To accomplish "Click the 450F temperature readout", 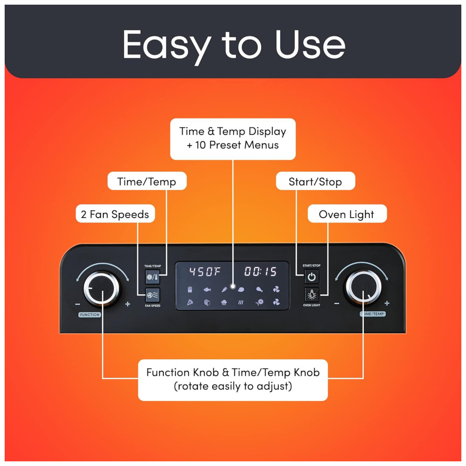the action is coord(205,271).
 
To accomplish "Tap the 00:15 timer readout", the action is coord(260,271).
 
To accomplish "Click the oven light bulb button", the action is coord(311,295).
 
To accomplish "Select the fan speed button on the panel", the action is coord(153,295).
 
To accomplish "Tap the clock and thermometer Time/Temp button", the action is coord(152,277).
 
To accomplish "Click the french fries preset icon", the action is coord(190,289).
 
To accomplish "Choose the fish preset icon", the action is coord(207,289).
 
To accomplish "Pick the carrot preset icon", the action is coord(225,289).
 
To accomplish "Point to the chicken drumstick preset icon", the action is coord(260,289).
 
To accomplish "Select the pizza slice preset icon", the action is coord(190,302).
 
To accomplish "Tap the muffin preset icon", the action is coord(225,302).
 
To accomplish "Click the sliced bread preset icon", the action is coord(207,302).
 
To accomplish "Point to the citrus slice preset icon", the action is coord(260,302).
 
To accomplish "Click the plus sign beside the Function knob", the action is coord(128,304).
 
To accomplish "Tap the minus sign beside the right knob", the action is coord(337,303).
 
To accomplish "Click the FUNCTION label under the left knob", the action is coord(90,315).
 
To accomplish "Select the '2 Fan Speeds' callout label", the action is coord(115,214).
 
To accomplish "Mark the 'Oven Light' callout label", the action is coord(347,214).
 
